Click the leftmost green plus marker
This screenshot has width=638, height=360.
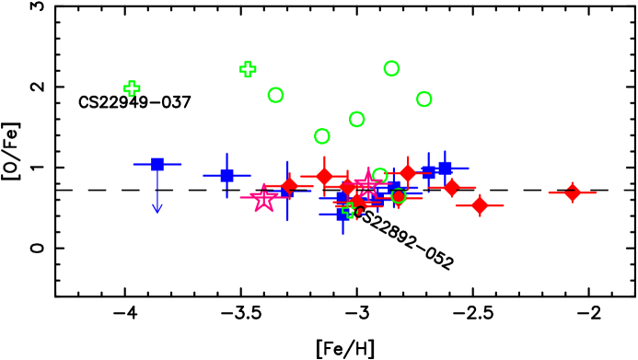(132, 88)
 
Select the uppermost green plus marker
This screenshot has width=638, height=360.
(248, 69)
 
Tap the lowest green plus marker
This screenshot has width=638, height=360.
(349, 210)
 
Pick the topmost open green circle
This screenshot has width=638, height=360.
(391, 68)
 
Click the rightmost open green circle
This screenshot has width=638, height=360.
(423, 99)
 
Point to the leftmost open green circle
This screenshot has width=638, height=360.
(275, 95)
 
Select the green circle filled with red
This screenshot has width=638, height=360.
(399, 195)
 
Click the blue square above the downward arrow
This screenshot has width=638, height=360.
(157, 164)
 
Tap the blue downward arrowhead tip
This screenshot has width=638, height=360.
(157, 213)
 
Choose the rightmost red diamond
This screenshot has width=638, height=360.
(572, 192)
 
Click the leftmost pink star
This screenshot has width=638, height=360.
(264, 198)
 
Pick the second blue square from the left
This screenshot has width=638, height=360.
(226, 175)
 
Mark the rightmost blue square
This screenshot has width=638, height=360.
(445, 168)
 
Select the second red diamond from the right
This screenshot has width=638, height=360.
(480, 204)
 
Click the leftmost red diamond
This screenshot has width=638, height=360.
(289, 185)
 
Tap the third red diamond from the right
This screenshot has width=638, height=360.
(451, 187)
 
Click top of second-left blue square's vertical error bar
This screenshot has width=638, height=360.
(226, 153)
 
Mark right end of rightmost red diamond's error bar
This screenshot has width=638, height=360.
(597, 192)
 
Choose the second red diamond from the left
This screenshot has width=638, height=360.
(324, 176)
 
